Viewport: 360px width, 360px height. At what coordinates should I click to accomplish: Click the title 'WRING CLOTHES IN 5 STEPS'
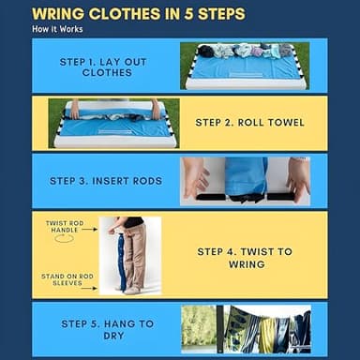(139, 14)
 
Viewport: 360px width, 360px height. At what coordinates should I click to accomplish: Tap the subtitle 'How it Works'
(56, 29)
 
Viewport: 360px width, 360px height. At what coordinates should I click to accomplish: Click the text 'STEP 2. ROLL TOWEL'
(248, 122)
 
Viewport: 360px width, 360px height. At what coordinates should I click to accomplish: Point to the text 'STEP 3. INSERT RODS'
(110, 180)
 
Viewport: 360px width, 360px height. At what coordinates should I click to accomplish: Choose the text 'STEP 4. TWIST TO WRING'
(245, 258)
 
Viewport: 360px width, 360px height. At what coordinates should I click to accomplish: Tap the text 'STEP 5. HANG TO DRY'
(106, 329)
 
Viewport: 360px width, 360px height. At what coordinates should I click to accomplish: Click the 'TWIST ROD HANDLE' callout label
(64, 228)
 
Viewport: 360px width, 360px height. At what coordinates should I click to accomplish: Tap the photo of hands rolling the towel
(113, 123)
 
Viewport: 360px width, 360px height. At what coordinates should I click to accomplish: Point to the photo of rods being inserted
(246, 180)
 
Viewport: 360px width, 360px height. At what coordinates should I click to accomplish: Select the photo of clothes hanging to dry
(245, 329)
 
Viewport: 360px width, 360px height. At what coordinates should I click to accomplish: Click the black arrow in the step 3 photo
(247, 198)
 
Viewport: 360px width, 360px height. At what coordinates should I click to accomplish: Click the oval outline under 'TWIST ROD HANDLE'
(64, 239)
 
